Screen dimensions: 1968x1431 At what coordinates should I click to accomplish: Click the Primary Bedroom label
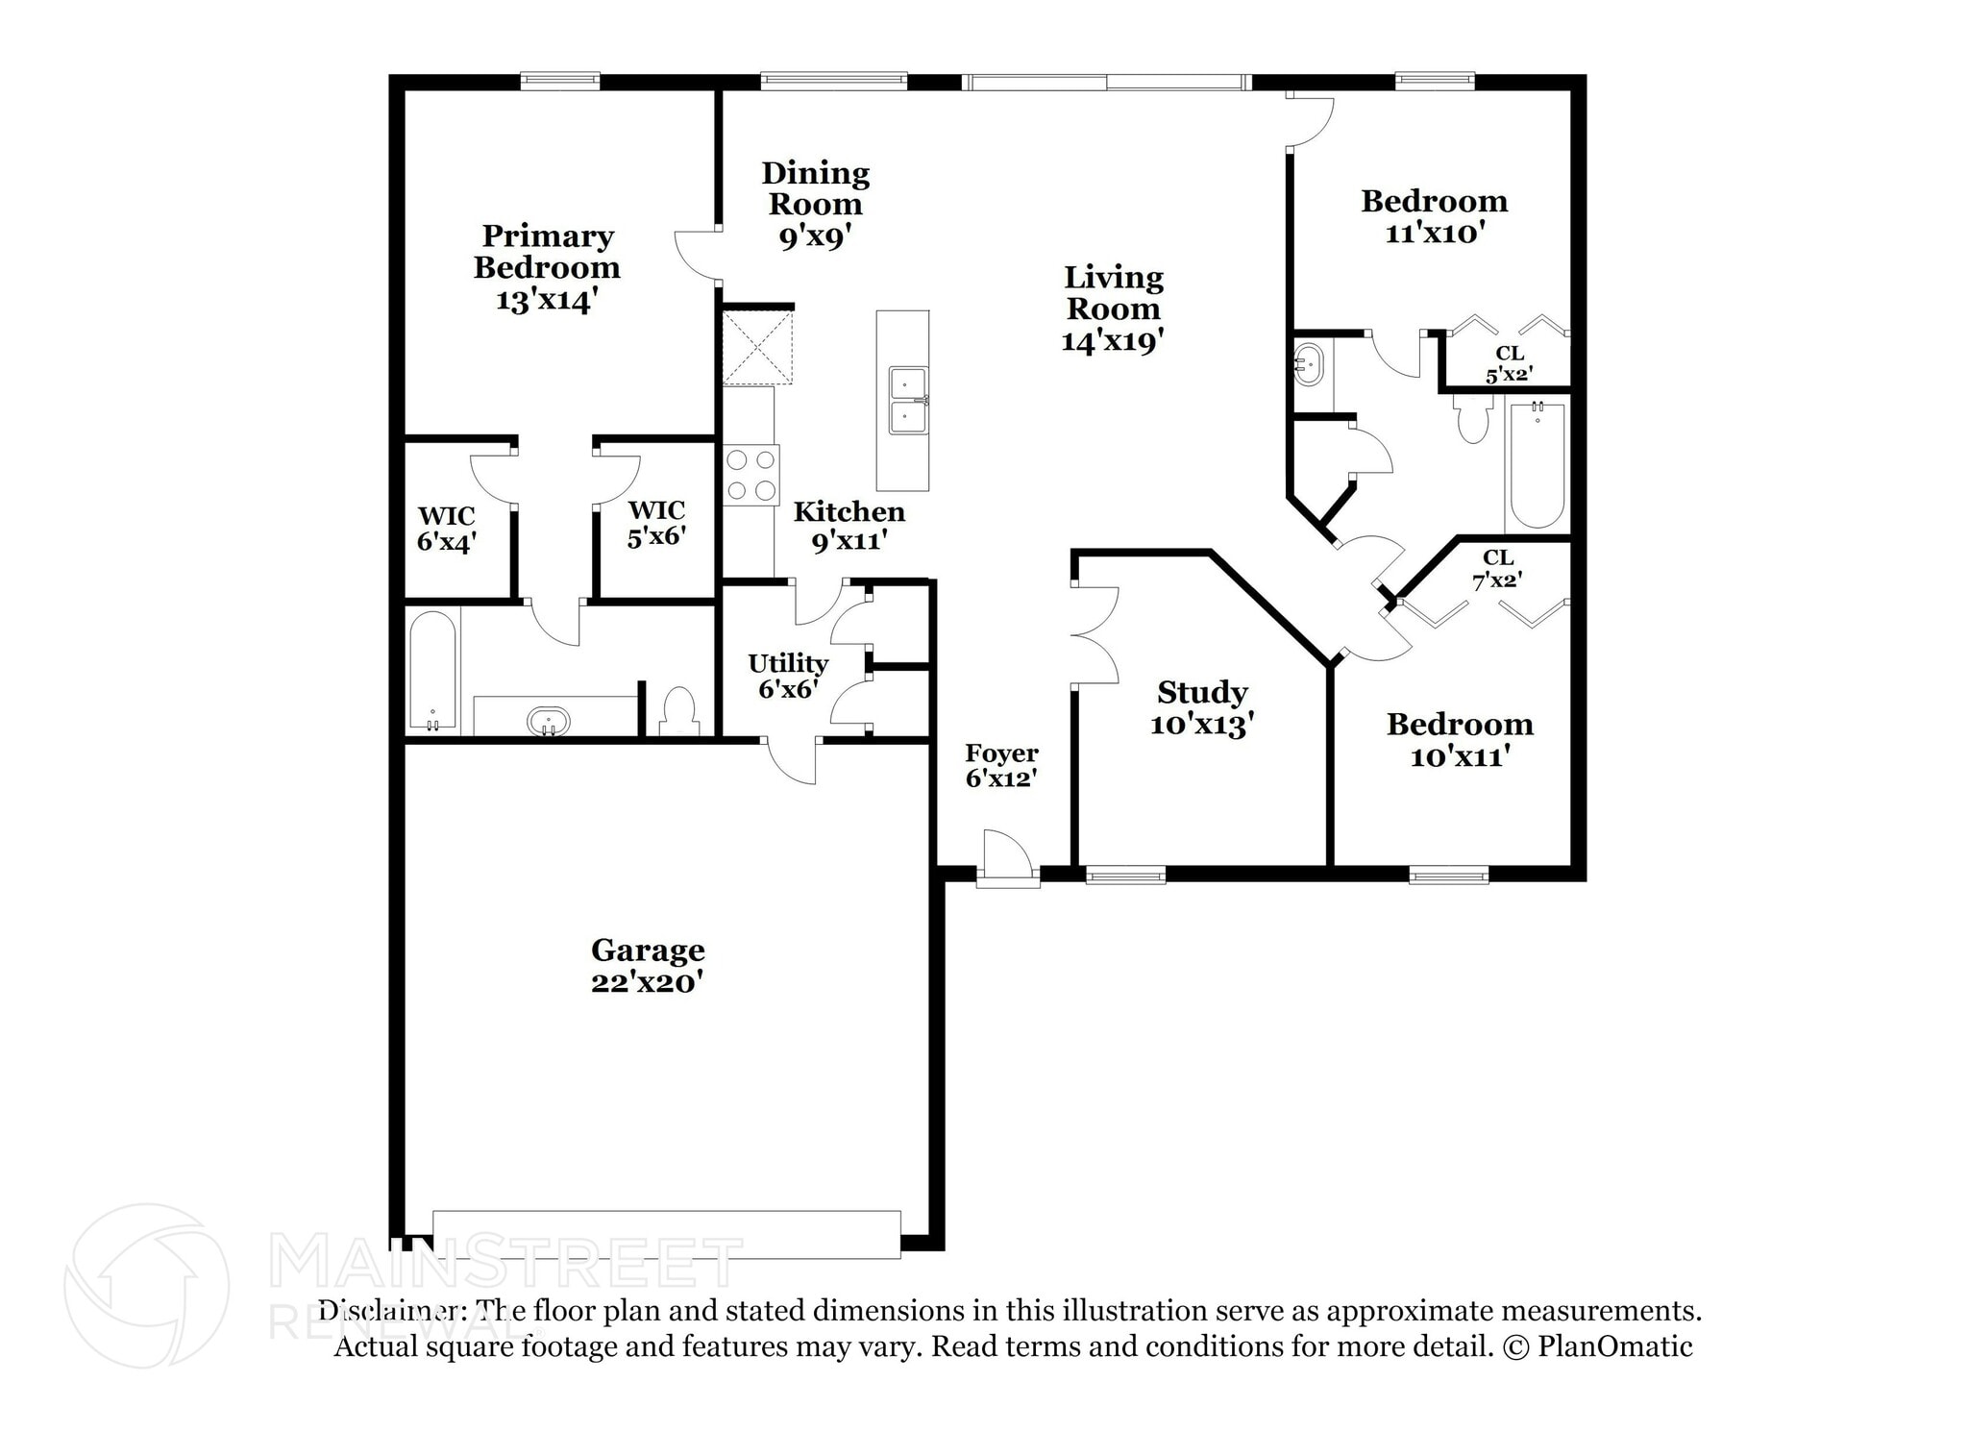(x=547, y=252)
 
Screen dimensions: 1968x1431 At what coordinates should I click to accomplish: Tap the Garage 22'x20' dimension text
(x=648, y=982)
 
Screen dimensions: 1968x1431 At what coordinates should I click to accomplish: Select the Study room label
(x=1202, y=692)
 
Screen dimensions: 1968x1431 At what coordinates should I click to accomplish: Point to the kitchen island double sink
(x=907, y=400)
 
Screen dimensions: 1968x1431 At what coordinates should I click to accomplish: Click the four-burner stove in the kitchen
(x=751, y=475)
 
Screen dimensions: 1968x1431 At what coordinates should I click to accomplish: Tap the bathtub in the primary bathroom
(x=432, y=670)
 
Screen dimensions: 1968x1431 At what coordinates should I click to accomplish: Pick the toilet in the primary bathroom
(x=679, y=710)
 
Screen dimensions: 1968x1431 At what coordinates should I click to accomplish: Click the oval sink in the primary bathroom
(x=548, y=721)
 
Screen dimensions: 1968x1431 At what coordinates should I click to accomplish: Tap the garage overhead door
(x=667, y=1234)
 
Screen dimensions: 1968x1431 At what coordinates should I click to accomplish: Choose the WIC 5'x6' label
(x=657, y=524)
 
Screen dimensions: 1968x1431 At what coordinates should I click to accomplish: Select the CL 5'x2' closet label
(x=1509, y=364)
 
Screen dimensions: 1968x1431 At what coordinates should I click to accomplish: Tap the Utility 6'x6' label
(x=788, y=676)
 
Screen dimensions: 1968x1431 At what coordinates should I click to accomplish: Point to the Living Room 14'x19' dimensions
(x=1113, y=341)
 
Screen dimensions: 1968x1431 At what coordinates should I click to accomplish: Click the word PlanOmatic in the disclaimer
(x=1615, y=1346)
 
